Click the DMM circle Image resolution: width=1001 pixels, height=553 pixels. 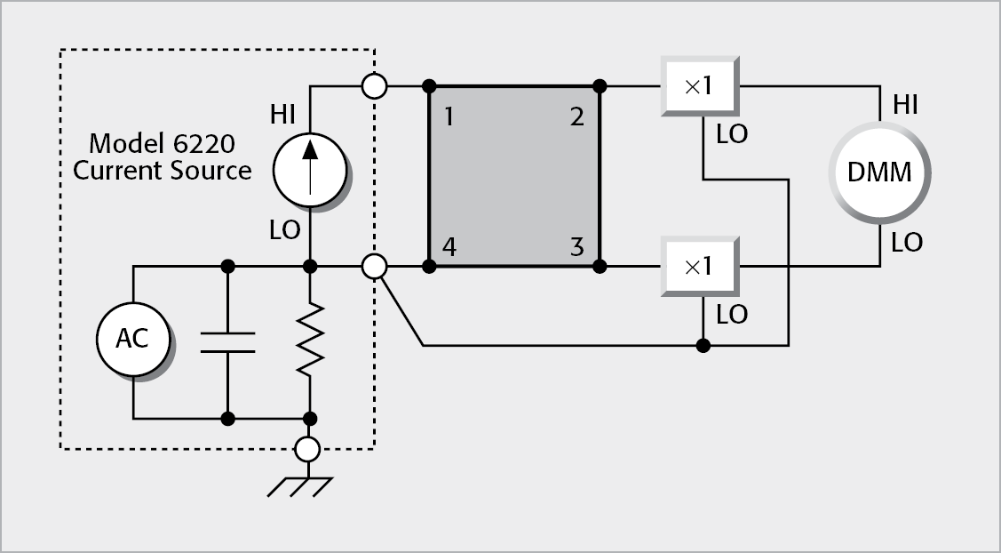(x=878, y=172)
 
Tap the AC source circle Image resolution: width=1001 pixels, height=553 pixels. (x=132, y=338)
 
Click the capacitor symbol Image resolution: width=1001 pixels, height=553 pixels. (x=227, y=341)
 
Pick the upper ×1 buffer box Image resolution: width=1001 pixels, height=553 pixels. (x=699, y=86)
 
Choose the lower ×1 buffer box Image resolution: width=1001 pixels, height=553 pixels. (x=699, y=266)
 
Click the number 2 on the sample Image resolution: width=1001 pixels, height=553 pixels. (x=577, y=116)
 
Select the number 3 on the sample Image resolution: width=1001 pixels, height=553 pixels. (x=577, y=246)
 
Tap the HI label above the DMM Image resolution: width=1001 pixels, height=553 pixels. (x=906, y=106)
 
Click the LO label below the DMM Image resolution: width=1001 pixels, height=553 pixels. (x=906, y=243)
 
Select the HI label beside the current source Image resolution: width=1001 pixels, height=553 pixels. (x=284, y=115)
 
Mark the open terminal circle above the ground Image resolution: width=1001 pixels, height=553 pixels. (x=307, y=449)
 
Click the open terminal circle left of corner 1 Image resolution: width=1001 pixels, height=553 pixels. (x=375, y=86)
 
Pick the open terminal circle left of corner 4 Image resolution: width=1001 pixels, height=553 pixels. (x=375, y=266)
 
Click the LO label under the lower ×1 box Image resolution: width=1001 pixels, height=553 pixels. (x=731, y=314)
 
